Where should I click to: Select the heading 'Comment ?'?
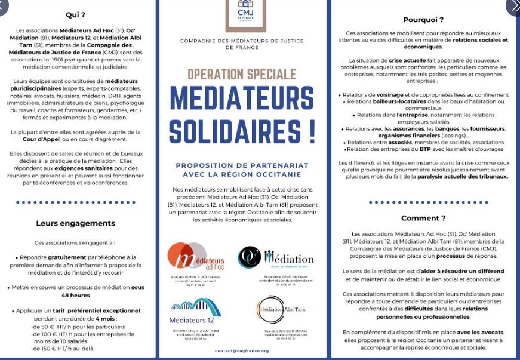(423, 218)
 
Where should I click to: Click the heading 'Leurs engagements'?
(75, 223)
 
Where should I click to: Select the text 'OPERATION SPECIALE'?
(242, 75)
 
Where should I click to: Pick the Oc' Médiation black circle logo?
(250, 257)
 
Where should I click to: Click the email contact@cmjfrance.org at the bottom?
(242, 351)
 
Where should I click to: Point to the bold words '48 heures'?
(75, 295)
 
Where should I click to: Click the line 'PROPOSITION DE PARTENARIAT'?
(242, 165)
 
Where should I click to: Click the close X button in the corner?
(512, 7)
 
